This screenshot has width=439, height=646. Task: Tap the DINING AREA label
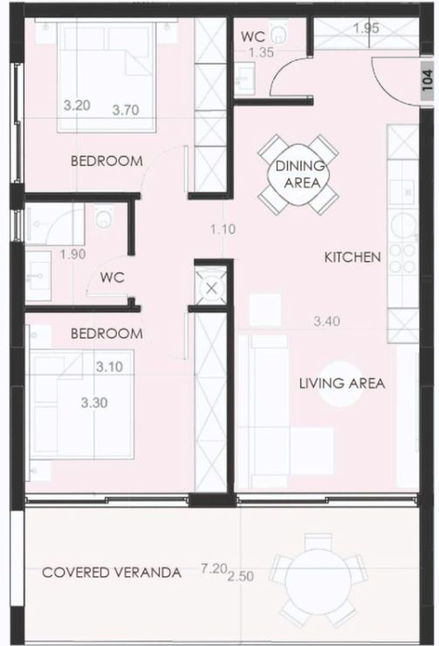click(300, 174)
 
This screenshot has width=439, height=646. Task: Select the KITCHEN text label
click(353, 257)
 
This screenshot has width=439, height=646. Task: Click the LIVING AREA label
click(342, 383)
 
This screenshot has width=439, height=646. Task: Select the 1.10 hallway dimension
click(223, 230)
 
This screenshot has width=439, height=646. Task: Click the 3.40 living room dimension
click(327, 321)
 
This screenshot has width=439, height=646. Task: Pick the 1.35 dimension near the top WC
click(261, 52)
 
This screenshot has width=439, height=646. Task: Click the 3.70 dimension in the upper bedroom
click(126, 110)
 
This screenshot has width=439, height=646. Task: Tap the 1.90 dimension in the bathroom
click(73, 254)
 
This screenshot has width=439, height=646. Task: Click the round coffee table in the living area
click(340, 384)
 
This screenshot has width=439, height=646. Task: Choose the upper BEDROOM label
click(107, 161)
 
